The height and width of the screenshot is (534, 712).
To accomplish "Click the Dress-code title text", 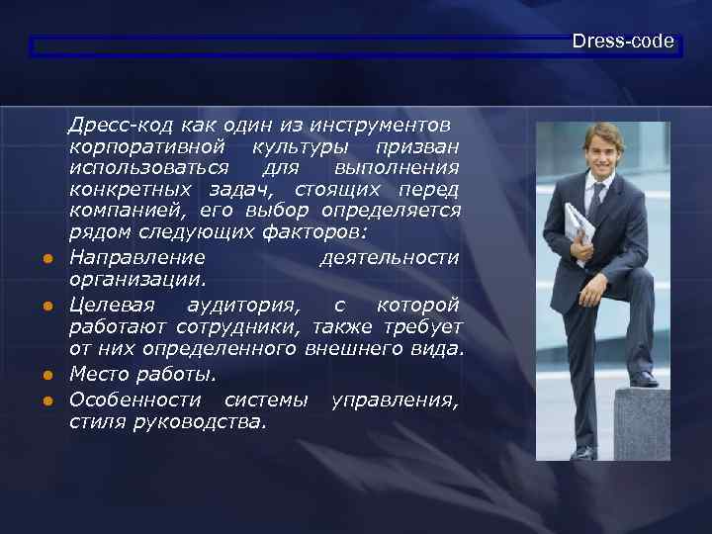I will click(622, 42).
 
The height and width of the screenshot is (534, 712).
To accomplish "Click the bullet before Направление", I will click(46, 259).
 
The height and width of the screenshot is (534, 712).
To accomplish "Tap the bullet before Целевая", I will click(46, 306).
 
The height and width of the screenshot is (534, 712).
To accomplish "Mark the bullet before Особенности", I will click(46, 400).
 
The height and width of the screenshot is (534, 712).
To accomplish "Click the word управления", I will click(396, 399).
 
